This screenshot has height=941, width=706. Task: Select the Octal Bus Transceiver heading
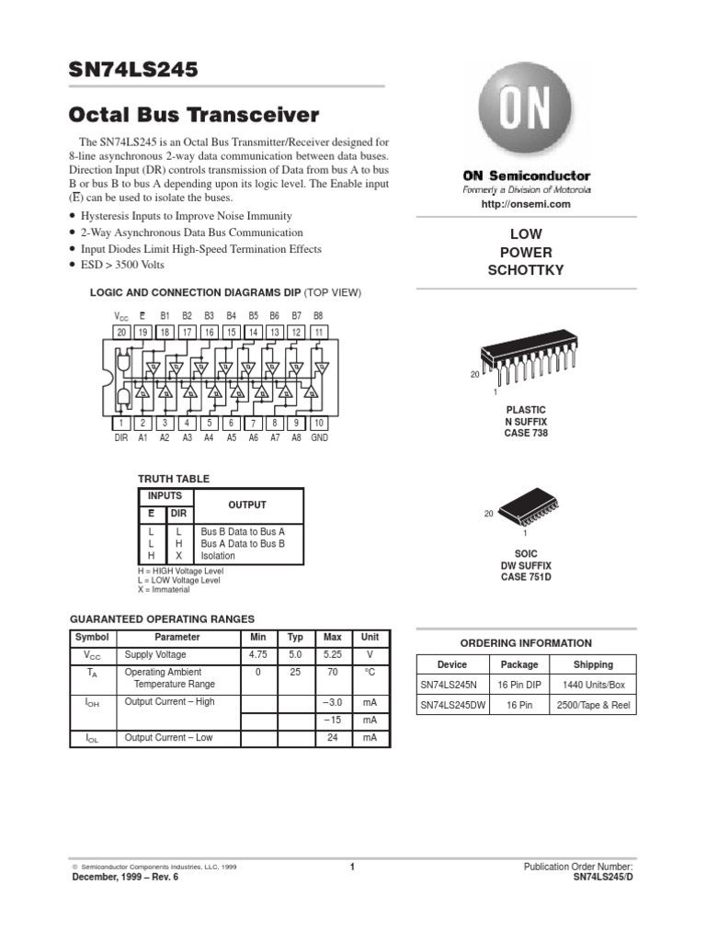click(195, 116)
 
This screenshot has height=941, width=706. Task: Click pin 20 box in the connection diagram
click(121, 332)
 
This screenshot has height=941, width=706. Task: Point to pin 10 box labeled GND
click(319, 423)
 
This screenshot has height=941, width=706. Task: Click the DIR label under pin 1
click(121, 439)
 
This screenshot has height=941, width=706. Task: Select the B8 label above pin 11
click(319, 315)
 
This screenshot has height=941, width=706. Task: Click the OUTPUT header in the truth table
click(247, 505)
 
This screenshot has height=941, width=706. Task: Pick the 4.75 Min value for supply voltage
click(258, 655)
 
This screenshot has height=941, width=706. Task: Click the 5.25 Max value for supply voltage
click(332, 655)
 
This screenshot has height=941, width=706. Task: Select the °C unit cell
click(370, 672)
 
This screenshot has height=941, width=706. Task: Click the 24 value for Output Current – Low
click(332, 737)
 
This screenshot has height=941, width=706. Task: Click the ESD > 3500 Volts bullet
click(122, 266)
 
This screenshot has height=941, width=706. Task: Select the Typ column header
click(295, 637)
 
